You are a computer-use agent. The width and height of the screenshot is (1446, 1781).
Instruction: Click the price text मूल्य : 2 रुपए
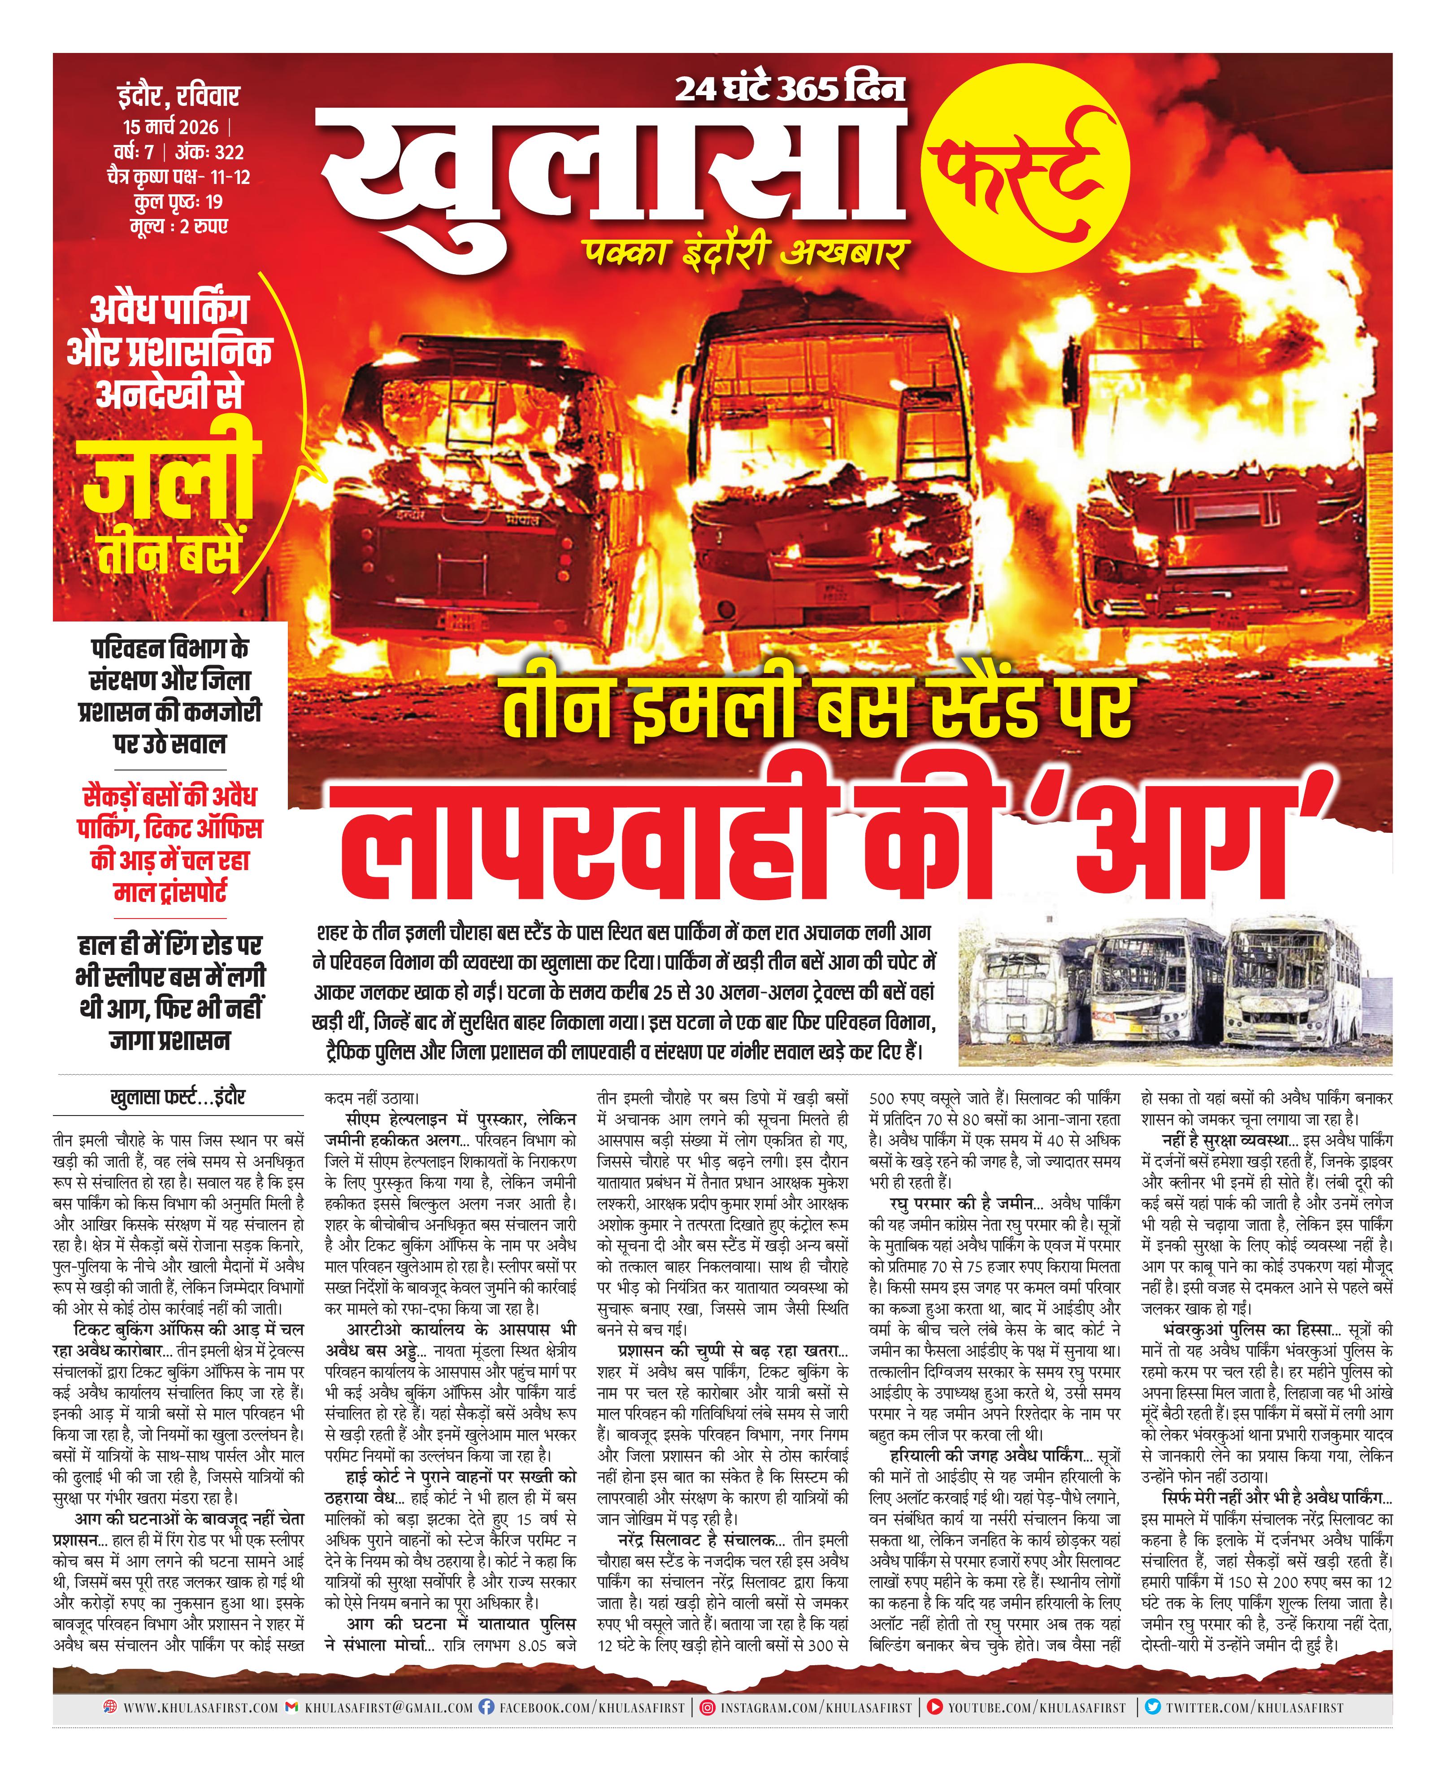point(178,226)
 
